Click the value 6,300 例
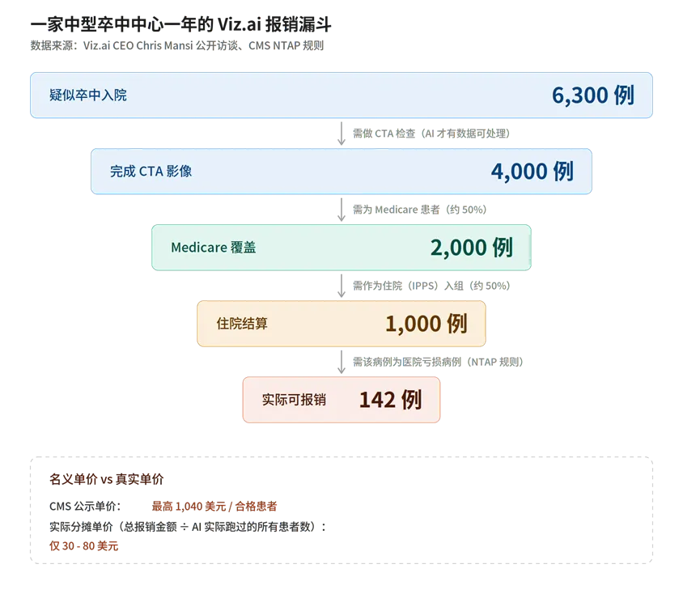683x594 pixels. (593, 95)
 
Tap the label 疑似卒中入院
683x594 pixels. (88, 95)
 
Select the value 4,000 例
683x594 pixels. (532, 171)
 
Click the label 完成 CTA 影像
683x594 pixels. (151, 171)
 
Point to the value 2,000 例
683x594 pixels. (472, 248)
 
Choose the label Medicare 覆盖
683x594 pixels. (214, 248)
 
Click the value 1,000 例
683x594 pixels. (426, 324)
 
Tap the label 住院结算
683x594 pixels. (242, 324)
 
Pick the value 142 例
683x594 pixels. (390, 400)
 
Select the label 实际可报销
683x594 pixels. (294, 400)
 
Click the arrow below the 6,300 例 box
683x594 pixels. (341, 134)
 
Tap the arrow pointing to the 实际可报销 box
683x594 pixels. (341, 362)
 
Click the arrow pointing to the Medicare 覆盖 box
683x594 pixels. (341, 210)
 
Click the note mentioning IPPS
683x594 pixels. (431, 286)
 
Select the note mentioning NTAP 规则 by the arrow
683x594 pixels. (438, 362)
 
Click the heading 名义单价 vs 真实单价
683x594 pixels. (106, 479)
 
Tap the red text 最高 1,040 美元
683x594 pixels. (189, 506)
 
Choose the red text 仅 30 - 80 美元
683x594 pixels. (83, 545)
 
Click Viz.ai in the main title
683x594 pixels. (240, 24)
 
